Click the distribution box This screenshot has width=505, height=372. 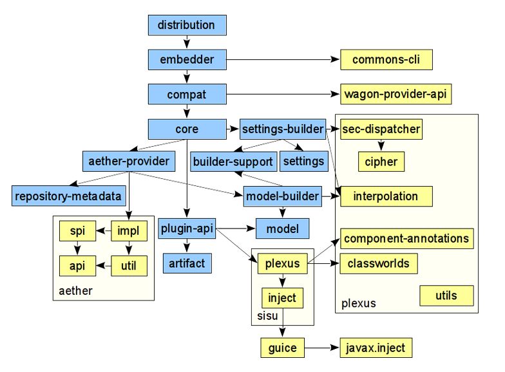coord(186,26)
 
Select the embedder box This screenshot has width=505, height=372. coord(186,60)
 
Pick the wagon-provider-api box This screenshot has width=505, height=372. coord(395,95)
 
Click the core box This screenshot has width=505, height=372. coord(186,129)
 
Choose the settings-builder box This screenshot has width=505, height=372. coord(283,129)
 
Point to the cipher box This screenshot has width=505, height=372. coord(381,162)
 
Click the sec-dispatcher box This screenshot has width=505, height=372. coord(381,129)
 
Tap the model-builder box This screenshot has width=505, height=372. coord(283,196)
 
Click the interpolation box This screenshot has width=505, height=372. coord(385,196)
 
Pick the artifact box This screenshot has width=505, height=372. coord(186,263)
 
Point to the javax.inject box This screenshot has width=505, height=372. coord(376,348)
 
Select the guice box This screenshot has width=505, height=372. coord(282,348)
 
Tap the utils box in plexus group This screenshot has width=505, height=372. coord(446,296)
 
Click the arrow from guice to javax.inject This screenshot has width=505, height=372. coord(322,348)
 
